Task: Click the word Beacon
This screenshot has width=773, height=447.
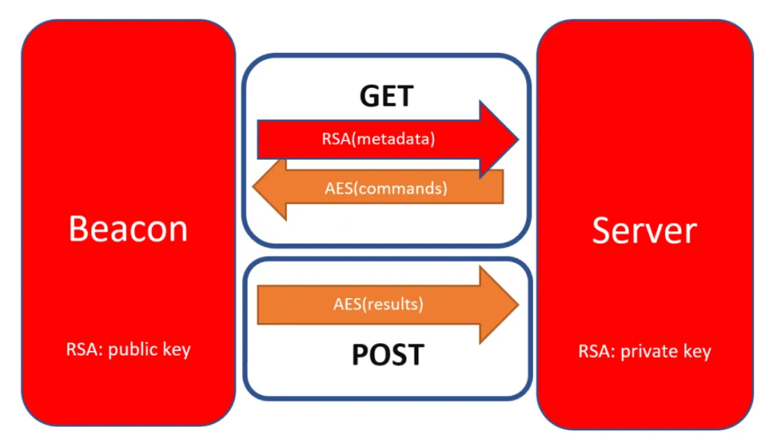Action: point(128,228)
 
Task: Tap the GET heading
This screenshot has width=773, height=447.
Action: point(386,96)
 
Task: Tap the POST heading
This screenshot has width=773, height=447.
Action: point(388,354)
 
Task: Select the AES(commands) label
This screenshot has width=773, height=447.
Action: point(385,188)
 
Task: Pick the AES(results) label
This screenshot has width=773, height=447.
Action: point(378,304)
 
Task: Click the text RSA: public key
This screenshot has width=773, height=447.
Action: point(128,350)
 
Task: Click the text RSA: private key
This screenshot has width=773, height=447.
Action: point(644,351)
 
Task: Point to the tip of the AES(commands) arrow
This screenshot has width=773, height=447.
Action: point(254,189)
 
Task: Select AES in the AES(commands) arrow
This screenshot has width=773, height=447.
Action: point(339,188)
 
